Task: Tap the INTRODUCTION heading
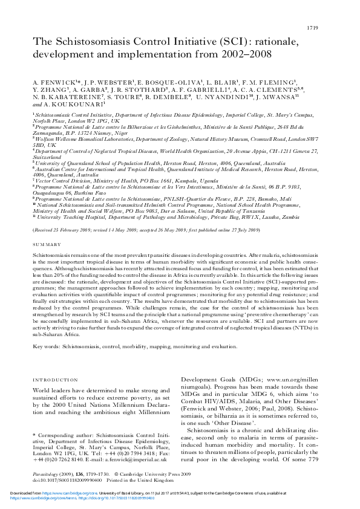(x=54, y=380)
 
